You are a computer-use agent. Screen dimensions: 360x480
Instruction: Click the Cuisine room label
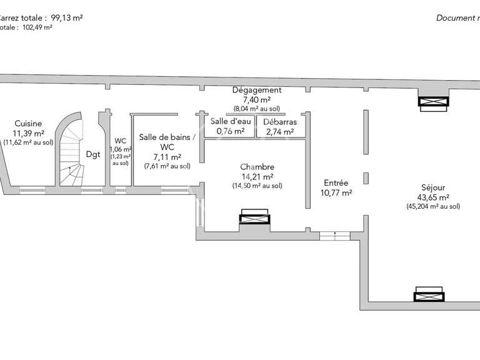[x=29, y=124]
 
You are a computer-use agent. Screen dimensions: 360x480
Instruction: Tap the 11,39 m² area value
[x=29, y=133]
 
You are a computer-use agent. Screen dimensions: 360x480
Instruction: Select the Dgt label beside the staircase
[x=93, y=154]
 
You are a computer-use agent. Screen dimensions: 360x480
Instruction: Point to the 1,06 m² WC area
[x=120, y=149]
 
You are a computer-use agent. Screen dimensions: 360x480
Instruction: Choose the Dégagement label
[x=256, y=90]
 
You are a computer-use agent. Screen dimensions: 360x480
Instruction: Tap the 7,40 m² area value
[x=256, y=99]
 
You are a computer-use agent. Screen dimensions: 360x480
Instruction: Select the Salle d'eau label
[x=229, y=121]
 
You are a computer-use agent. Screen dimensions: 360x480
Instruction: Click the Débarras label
[x=279, y=122]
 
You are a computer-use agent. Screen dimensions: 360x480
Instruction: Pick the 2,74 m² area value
[x=279, y=131]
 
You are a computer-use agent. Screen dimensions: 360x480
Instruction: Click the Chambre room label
[x=257, y=167]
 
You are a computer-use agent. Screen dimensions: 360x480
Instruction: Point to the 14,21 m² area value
[x=257, y=176]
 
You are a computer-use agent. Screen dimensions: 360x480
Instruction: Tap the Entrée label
[x=336, y=183]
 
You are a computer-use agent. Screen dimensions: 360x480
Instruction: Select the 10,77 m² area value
[x=336, y=193]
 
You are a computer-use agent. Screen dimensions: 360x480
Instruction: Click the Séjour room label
[x=433, y=187]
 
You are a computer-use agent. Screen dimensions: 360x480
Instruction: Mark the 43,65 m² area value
[x=433, y=197]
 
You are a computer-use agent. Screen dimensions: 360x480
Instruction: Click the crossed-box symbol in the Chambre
[x=255, y=218]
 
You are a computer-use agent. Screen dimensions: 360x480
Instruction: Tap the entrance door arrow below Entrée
[x=335, y=236]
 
